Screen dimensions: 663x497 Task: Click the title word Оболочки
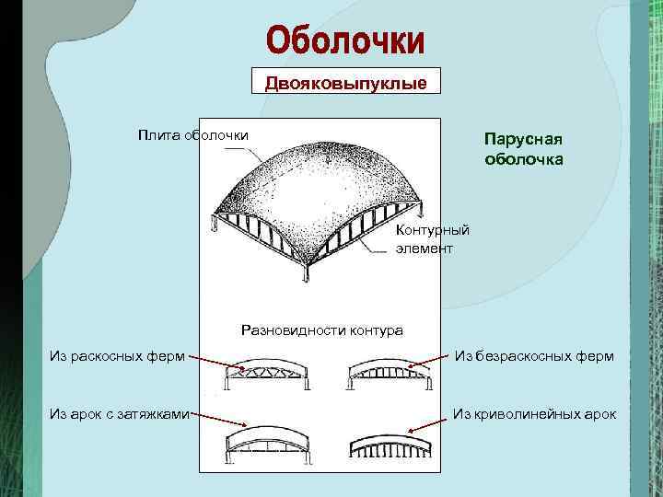(345, 40)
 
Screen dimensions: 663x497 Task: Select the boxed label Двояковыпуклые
(345, 84)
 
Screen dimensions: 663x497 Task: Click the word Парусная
(523, 139)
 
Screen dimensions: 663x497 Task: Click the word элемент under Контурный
(425, 248)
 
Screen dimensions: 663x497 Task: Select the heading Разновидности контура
(321, 329)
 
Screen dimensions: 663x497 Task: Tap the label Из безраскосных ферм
(533, 356)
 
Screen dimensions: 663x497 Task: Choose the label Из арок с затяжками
(119, 414)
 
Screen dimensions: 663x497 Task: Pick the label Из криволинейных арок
(535, 414)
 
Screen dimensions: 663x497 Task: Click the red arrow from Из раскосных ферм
(215, 361)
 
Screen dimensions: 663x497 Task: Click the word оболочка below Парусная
(523, 159)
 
